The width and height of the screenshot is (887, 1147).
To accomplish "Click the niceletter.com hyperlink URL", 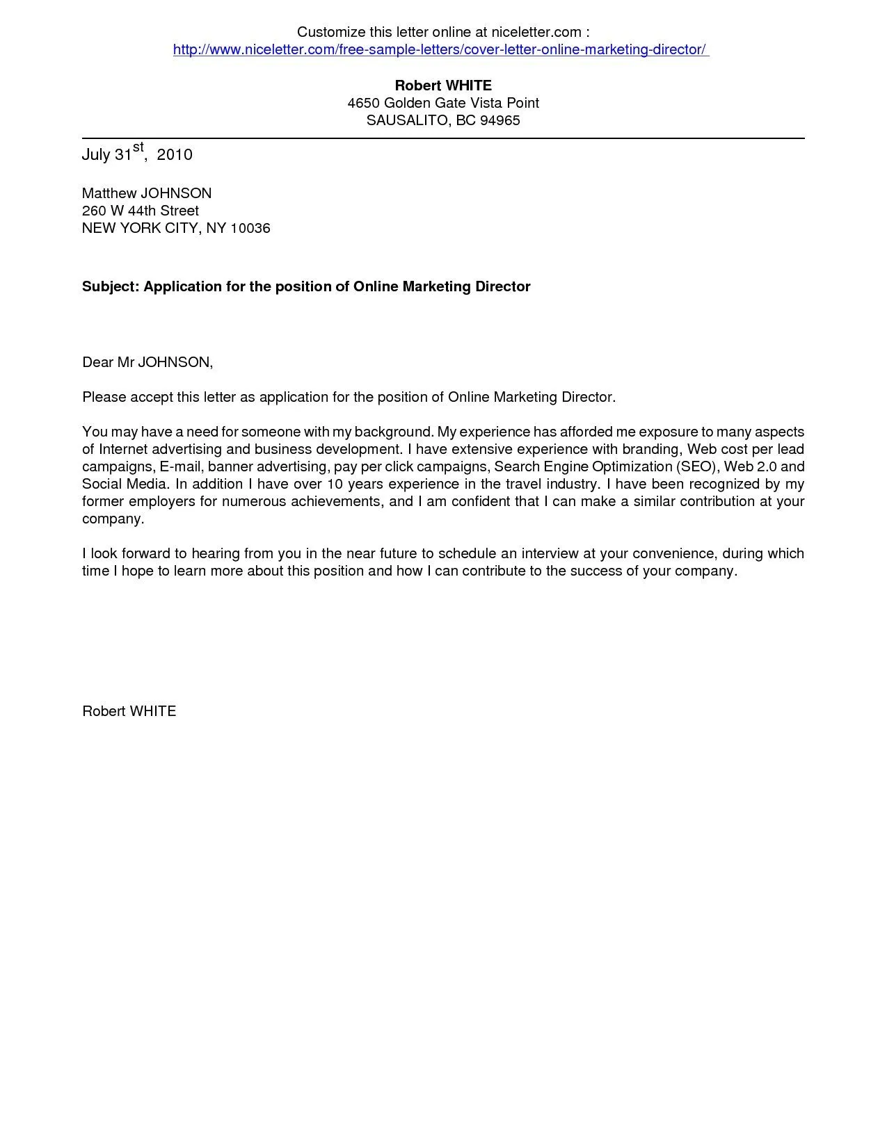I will (440, 49).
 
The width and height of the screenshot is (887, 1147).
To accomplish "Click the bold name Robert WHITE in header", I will (443, 86).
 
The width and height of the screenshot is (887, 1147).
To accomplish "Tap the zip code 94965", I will (500, 120).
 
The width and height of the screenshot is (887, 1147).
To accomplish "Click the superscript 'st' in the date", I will (138, 147).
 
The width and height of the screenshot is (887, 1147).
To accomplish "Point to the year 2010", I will (175, 154).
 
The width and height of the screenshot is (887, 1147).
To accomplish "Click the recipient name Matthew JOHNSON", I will (147, 193).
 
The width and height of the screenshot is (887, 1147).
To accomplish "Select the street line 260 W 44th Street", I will (141, 211).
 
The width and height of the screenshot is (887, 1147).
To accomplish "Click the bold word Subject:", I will (111, 286).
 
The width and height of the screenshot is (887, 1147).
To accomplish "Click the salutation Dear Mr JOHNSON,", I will (147, 362).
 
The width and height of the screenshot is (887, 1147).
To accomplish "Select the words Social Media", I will (125, 484).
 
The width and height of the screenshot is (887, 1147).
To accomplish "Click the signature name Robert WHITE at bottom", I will (129, 711).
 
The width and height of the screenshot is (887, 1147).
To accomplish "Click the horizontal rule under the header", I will (443, 138).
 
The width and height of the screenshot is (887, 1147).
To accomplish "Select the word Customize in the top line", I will (330, 32).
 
